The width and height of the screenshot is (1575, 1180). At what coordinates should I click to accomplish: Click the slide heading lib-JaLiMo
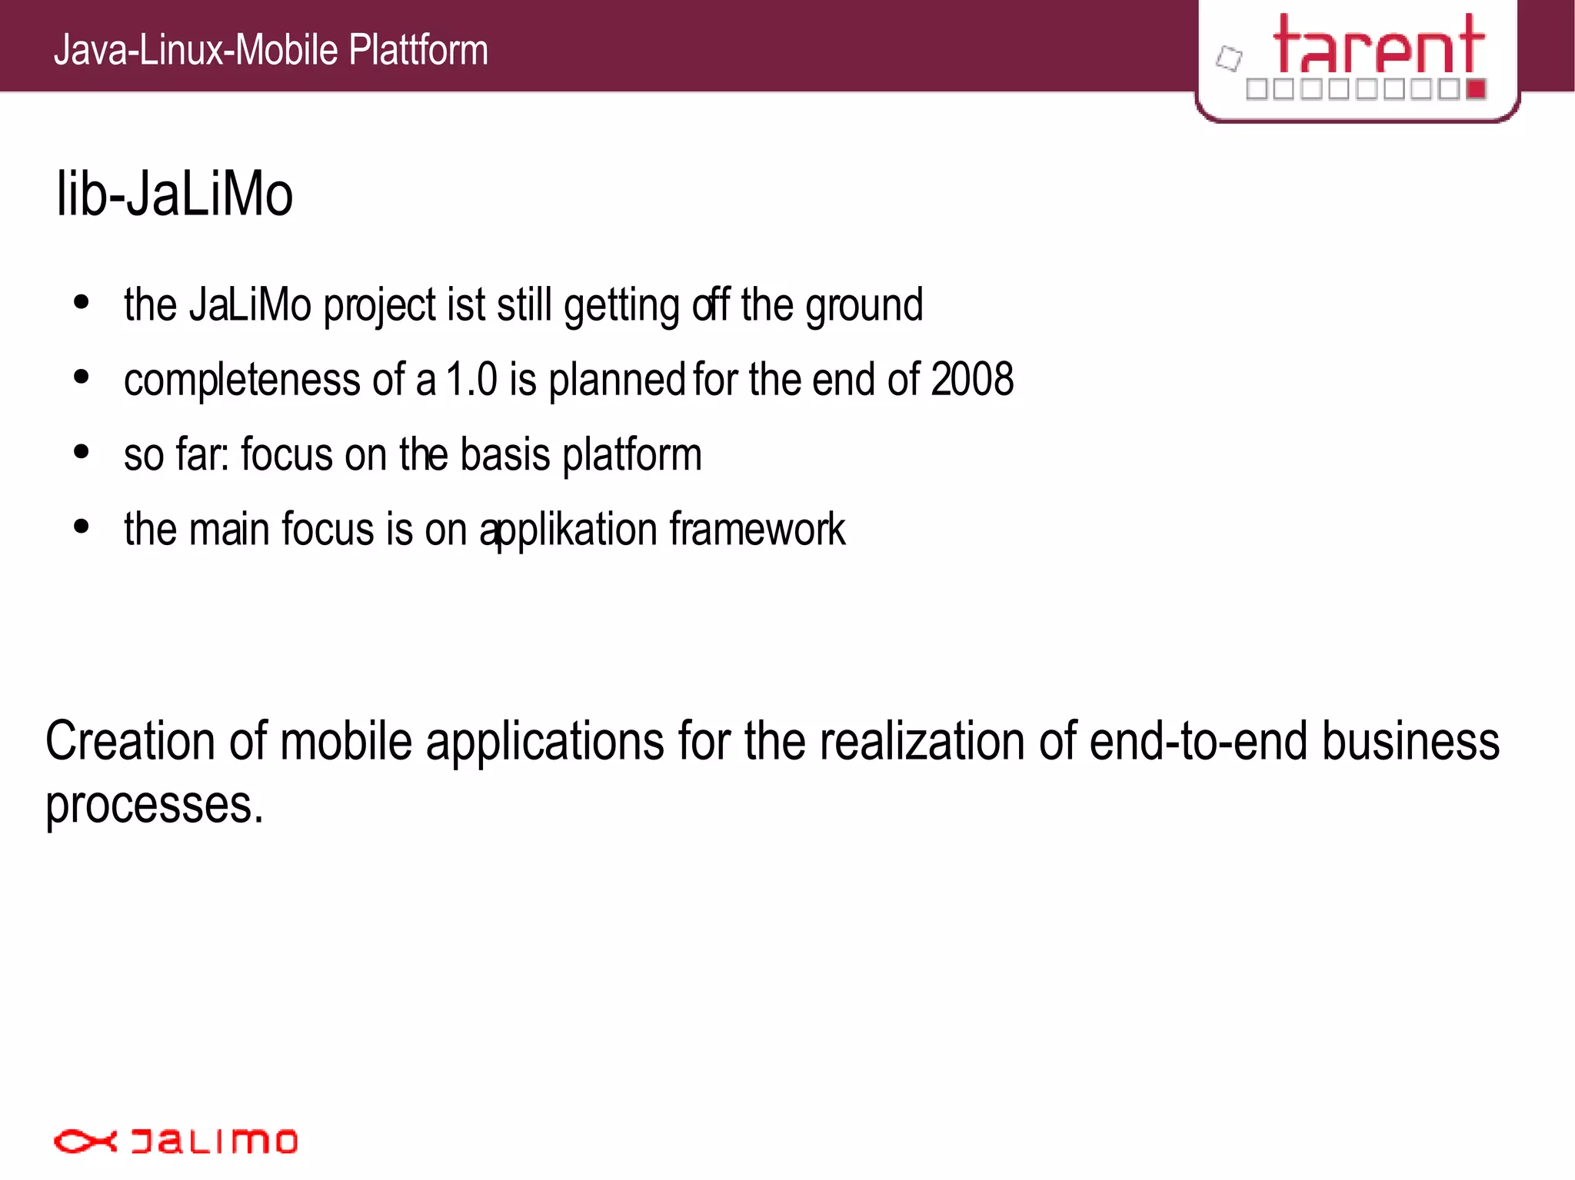tap(175, 194)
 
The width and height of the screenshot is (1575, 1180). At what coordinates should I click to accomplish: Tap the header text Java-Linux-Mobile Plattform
tap(271, 51)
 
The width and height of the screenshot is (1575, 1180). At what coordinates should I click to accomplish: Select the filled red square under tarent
tap(1475, 89)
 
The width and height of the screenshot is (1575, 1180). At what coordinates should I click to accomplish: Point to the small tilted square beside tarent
tap(1229, 58)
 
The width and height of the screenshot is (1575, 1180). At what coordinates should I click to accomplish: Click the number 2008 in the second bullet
tap(972, 380)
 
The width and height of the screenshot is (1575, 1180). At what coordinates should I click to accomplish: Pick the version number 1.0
tap(471, 380)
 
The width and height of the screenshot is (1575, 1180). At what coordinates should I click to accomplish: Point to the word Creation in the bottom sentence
tap(130, 741)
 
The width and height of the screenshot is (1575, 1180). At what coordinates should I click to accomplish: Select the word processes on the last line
tap(154, 805)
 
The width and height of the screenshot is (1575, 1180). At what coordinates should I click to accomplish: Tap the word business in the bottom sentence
tap(1410, 741)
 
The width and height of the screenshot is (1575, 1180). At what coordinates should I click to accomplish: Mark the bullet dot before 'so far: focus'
tap(82, 452)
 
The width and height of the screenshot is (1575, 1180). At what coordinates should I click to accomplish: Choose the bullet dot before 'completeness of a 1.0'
tap(82, 377)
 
